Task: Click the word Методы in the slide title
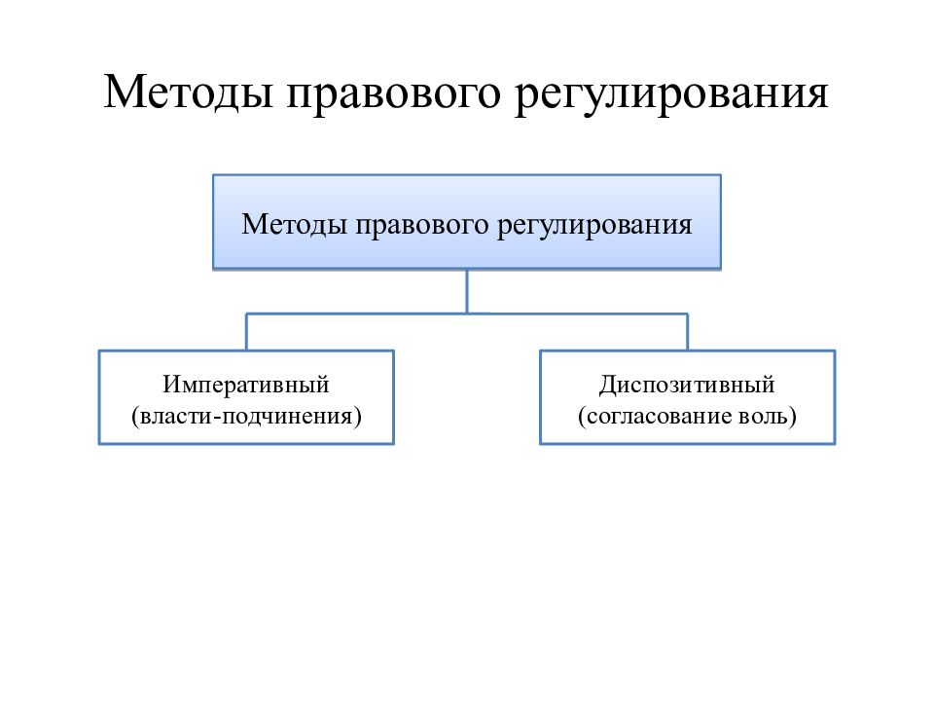coord(188,93)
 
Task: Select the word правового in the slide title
coord(393,95)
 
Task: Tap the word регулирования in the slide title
coord(670,95)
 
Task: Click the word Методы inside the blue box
coord(294,225)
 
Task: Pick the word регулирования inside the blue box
coord(594,227)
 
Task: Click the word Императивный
coord(246,385)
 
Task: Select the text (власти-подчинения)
coord(246,416)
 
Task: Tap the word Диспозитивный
coord(687,386)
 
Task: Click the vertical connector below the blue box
coord(467,291)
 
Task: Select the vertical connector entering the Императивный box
coord(246,332)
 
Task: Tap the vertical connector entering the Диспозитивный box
coord(688,332)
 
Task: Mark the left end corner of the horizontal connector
coord(246,314)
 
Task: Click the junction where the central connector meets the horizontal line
coord(467,314)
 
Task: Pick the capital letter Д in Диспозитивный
coord(608,386)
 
